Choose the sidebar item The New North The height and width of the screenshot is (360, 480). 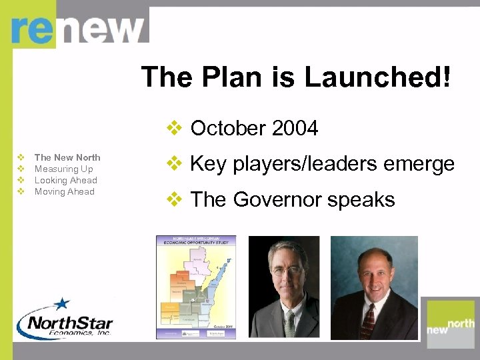(67, 157)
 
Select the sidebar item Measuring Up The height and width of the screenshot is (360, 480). (63, 169)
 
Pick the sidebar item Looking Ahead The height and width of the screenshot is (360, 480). (65, 180)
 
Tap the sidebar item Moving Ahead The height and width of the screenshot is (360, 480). (64, 191)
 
